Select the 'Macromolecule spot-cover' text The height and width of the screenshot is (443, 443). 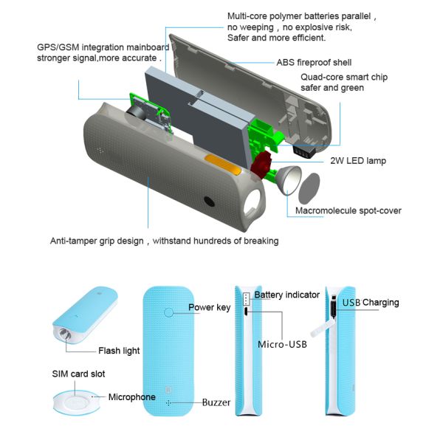348,211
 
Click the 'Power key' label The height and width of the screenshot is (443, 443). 209,307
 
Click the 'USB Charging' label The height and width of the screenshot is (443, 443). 370,302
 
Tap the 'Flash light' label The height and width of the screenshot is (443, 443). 119,351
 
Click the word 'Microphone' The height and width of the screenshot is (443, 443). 132,397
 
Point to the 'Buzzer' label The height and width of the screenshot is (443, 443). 216,403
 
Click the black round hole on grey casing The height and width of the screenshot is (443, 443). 209,202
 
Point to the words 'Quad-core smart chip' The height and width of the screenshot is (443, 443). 343,78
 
